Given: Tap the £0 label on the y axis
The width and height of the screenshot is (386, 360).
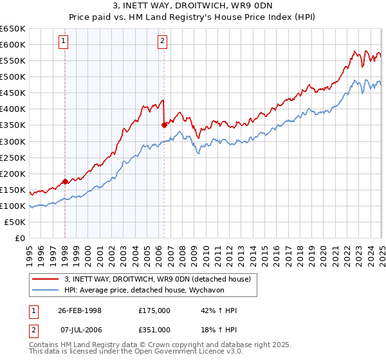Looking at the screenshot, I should [19, 238].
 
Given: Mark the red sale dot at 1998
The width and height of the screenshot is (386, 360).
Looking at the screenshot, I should [66, 181].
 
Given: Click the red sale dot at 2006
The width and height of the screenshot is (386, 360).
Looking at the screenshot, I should [165, 125].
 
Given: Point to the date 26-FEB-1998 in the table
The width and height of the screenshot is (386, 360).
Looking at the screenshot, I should [80, 310].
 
